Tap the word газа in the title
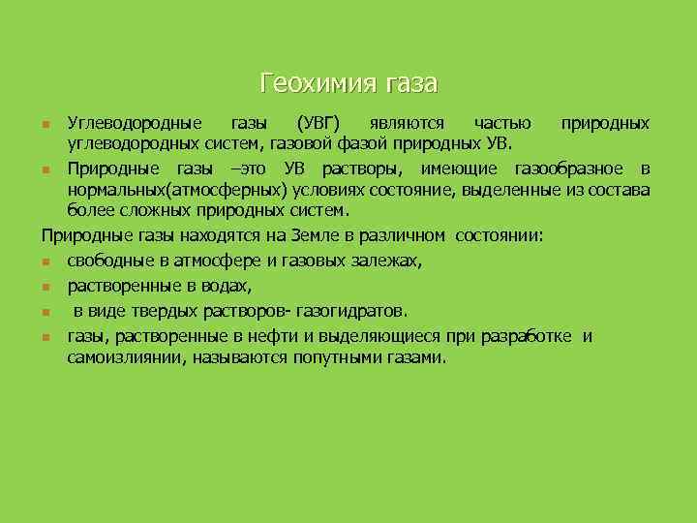(x=412, y=83)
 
